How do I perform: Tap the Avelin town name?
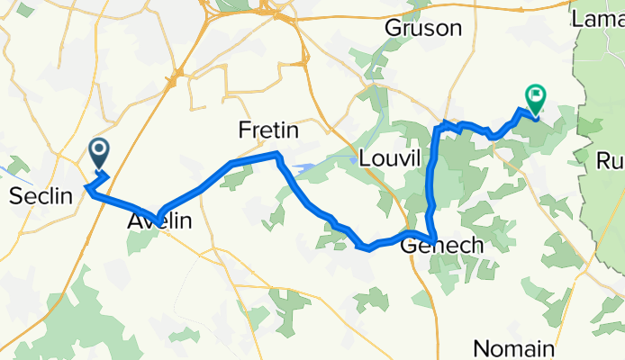[x=159, y=219]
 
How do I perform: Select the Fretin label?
[x=267, y=131]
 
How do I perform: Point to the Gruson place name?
[x=422, y=29]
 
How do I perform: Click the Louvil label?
[x=390, y=158]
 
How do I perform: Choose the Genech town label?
[x=441, y=246]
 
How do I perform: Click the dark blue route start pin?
[x=99, y=152]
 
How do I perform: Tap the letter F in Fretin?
[x=244, y=131]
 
